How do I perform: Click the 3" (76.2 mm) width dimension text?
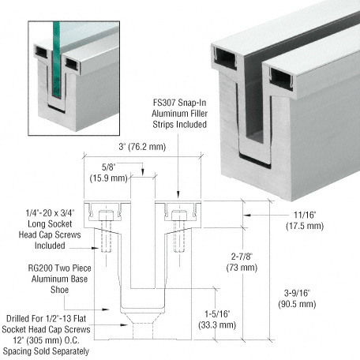(x=142, y=147)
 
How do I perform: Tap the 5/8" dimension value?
(x=108, y=167)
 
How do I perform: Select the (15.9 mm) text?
(x=108, y=178)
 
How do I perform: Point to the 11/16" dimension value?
(x=305, y=215)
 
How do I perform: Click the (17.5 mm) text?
(x=305, y=226)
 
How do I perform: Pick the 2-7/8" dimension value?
(x=242, y=257)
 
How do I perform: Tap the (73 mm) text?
(x=242, y=268)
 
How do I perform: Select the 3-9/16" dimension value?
(x=297, y=293)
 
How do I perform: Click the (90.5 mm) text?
(x=297, y=304)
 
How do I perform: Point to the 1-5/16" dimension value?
(x=217, y=313)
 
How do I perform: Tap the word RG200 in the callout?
(x=39, y=268)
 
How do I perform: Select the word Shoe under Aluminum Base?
(x=59, y=290)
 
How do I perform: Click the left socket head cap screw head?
(x=106, y=216)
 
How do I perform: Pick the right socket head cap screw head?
(x=179, y=216)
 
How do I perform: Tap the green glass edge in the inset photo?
(x=56, y=59)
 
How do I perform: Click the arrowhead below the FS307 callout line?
(x=178, y=194)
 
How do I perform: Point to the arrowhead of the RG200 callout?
(x=106, y=309)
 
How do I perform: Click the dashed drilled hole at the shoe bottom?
(x=142, y=332)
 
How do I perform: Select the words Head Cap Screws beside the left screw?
(x=50, y=234)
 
